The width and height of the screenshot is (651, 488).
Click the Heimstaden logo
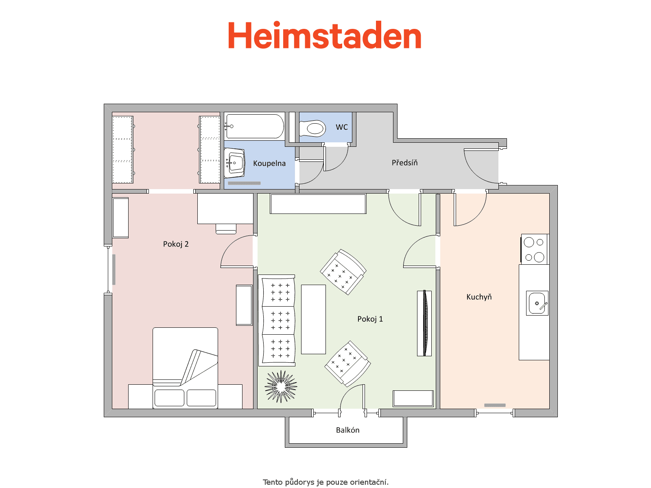tap(324, 35)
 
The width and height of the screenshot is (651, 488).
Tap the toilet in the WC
tap(312, 129)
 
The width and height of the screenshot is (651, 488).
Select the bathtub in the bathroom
tap(254, 126)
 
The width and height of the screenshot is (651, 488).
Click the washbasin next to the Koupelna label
tap(235, 163)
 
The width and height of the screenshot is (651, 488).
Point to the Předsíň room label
tap(404, 163)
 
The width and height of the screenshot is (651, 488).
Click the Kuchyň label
tap(479, 297)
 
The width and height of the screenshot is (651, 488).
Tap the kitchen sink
tap(537, 303)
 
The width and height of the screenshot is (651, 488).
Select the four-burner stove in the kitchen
tap(535, 249)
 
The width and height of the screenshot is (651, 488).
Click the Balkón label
tap(347, 430)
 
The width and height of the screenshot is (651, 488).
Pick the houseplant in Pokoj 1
tap(281, 386)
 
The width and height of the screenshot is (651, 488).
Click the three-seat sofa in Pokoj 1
tap(277, 320)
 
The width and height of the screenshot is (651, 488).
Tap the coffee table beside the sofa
tap(313, 319)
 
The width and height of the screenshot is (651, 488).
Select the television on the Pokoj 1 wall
tap(424, 323)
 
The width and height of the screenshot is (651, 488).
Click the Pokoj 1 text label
tap(370, 319)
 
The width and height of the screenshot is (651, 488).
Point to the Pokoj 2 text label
tap(176, 244)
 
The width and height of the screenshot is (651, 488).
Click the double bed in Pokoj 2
tap(186, 368)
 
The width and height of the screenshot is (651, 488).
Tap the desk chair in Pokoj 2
tap(226, 229)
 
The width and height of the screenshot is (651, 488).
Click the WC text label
tap(342, 127)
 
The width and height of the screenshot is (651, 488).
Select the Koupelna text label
tap(269, 163)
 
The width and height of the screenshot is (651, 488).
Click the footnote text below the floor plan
tap(325, 482)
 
